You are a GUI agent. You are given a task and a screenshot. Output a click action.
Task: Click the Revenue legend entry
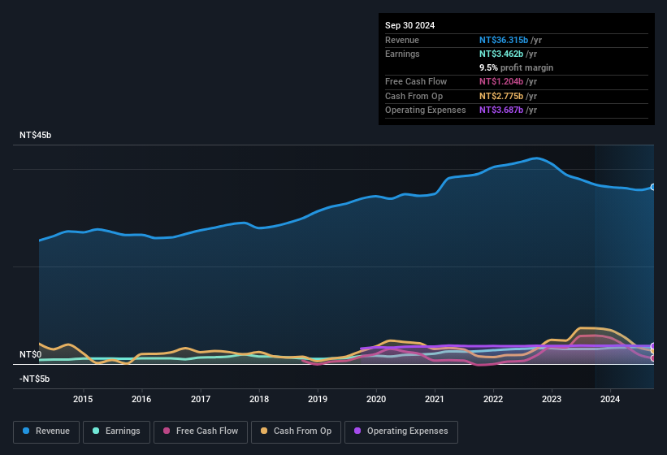(46, 431)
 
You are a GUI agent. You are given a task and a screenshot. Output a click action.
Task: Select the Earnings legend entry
(115, 431)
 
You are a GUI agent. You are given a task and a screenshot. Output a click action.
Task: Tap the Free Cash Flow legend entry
(200, 431)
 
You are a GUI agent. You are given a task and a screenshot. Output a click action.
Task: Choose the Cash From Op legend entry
(295, 431)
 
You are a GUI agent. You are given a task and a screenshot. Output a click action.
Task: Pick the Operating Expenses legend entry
(401, 431)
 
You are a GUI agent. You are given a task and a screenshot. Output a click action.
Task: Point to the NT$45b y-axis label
(35, 136)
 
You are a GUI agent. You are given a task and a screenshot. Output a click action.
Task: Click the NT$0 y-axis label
(30, 355)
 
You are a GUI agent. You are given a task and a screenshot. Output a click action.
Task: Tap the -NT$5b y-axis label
(35, 379)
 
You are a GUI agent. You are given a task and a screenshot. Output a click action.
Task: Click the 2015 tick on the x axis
(83, 399)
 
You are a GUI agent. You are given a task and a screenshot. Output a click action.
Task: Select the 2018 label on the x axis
(259, 399)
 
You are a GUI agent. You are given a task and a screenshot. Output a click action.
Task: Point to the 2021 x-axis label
(435, 399)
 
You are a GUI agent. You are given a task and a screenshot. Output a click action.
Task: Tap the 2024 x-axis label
(610, 399)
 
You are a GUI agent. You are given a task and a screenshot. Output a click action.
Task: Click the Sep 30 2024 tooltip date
(409, 25)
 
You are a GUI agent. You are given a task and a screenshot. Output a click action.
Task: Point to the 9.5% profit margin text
(516, 67)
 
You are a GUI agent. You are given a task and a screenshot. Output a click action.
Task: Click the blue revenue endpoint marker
(652, 187)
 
